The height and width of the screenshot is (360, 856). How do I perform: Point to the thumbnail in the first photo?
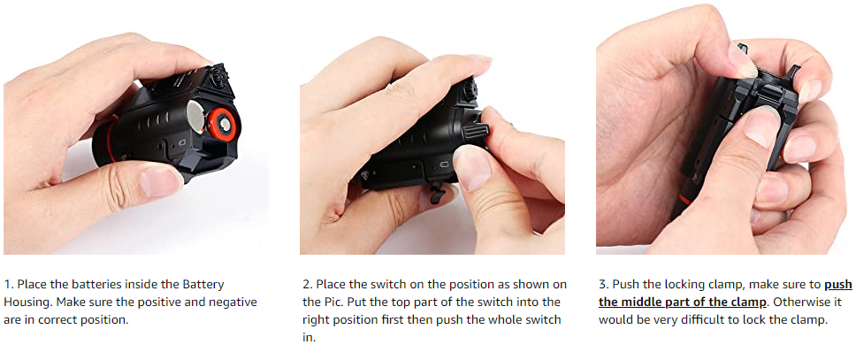[x=159, y=181]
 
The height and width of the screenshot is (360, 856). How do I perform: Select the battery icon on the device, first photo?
[x=182, y=142]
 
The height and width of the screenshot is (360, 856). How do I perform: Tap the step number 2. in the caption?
[x=308, y=285]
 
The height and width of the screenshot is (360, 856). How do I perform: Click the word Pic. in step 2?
[x=329, y=303]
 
